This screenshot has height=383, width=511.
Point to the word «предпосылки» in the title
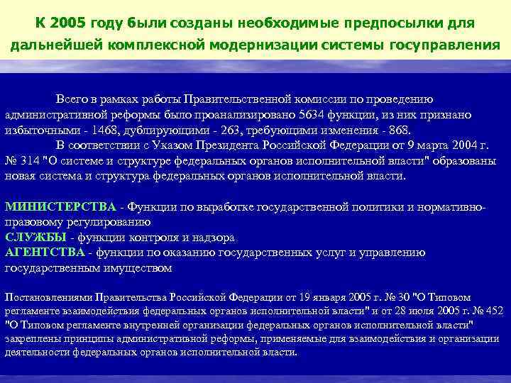coord(396,24)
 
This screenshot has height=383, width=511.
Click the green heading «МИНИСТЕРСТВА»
coord(60,206)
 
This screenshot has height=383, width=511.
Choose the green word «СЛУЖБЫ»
coord(35,237)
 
